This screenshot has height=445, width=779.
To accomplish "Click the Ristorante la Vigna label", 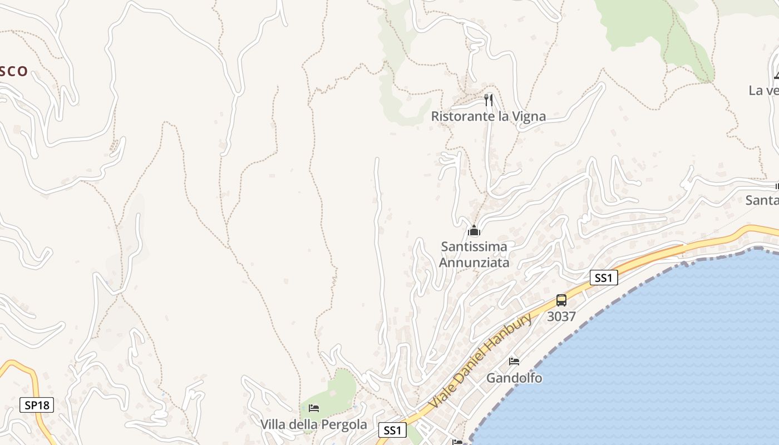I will click(x=488, y=116).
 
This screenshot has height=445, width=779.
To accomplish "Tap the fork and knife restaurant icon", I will click(x=489, y=100).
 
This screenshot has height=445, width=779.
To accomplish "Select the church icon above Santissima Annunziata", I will click(x=474, y=230).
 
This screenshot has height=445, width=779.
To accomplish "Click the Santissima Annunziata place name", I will click(x=474, y=254).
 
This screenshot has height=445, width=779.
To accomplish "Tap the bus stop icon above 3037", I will click(x=561, y=300).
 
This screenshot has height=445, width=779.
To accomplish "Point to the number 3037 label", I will click(x=561, y=317).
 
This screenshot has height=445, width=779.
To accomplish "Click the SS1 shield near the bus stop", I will click(x=604, y=278).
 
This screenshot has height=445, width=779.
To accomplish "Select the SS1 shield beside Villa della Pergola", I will click(x=392, y=430).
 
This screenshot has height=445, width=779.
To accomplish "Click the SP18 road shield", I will click(x=37, y=405).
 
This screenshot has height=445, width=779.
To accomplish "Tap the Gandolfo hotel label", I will click(x=514, y=378).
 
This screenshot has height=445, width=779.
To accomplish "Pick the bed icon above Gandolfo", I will click(x=514, y=362).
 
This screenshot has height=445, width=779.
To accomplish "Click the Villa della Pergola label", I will click(x=314, y=424).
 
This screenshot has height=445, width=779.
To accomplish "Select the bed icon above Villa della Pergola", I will click(x=314, y=408).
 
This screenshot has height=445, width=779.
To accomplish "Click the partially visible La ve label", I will click(x=763, y=90).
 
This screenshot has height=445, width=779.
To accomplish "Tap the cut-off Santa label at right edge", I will click(x=762, y=200).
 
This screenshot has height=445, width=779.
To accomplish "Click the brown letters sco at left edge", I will click(x=14, y=71).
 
